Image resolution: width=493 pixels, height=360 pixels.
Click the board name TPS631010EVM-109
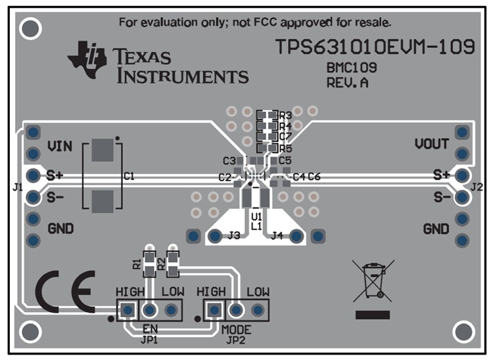tap(375, 47)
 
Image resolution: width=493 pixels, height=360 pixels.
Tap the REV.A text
tap(347, 83)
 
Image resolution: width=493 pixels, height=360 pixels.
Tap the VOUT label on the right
tap(432, 144)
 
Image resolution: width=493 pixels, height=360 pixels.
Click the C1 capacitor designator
tap(129, 176)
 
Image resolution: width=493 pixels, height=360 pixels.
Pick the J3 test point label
tap(234, 236)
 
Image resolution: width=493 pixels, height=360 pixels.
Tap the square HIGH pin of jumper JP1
tap(128, 309)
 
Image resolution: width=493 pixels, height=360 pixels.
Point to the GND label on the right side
tap(436, 229)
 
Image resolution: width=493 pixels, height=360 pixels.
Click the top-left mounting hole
tap(30, 28)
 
